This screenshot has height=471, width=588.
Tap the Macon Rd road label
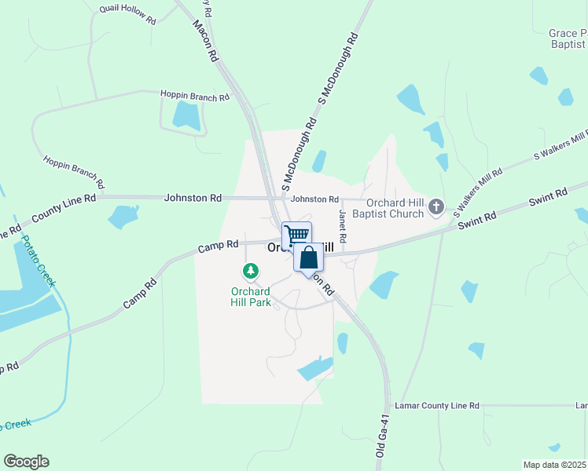pos(204,41)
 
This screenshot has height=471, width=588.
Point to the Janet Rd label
pos(342,225)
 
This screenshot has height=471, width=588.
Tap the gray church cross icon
pos(436,208)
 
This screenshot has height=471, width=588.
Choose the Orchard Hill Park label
pos(251,295)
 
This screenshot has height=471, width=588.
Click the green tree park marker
pos(251,272)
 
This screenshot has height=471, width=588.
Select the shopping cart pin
pos(296,235)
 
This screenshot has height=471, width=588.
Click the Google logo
pos(26,462)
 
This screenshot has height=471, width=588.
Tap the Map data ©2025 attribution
pos(554,465)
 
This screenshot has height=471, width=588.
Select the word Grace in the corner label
pos(564,34)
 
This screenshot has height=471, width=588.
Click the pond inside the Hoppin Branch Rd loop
pos(186,115)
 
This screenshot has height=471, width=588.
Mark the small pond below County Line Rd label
pos(123,216)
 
